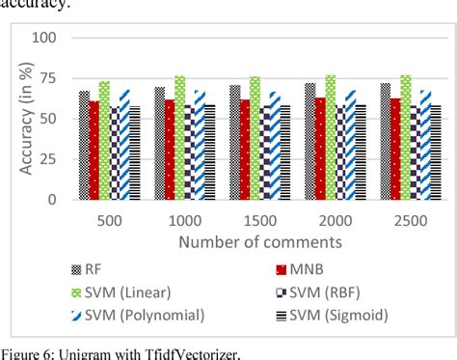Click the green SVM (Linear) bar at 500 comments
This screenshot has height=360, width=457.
click(104, 141)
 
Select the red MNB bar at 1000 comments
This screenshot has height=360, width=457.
click(170, 150)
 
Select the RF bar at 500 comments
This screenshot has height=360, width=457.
click(84, 146)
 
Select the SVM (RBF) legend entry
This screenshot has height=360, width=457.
click(333, 292)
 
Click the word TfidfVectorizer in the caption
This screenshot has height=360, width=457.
click(178, 352)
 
